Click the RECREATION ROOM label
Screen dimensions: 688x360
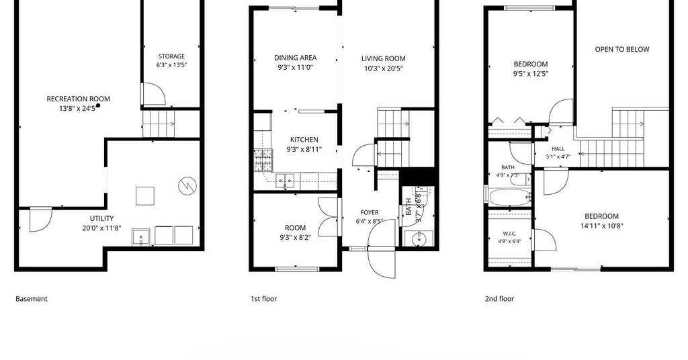click(x=79, y=99)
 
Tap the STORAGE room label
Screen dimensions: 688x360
click(x=171, y=56)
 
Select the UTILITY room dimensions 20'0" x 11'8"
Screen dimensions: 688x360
click(x=102, y=228)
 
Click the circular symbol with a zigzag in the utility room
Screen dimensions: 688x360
click(x=187, y=186)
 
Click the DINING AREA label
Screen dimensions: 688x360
click(x=296, y=58)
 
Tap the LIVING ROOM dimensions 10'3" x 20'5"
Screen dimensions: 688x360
click(x=384, y=69)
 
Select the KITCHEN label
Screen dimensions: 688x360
click(x=304, y=140)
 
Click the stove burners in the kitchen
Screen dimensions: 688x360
click(x=263, y=160)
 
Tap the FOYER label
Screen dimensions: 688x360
click(x=370, y=213)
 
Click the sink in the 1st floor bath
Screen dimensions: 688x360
click(x=417, y=239)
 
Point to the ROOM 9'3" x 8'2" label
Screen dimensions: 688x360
click(x=296, y=232)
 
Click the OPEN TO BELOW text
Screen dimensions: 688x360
click(x=622, y=50)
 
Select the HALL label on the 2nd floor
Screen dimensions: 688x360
click(x=558, y=149)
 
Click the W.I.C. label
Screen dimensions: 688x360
click(x=509, y=234)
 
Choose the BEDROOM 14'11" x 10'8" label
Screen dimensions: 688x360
click(x=601, y=221)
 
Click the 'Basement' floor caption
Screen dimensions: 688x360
click(x=31, y=299)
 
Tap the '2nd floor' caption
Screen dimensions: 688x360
click(x=499, y=299)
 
